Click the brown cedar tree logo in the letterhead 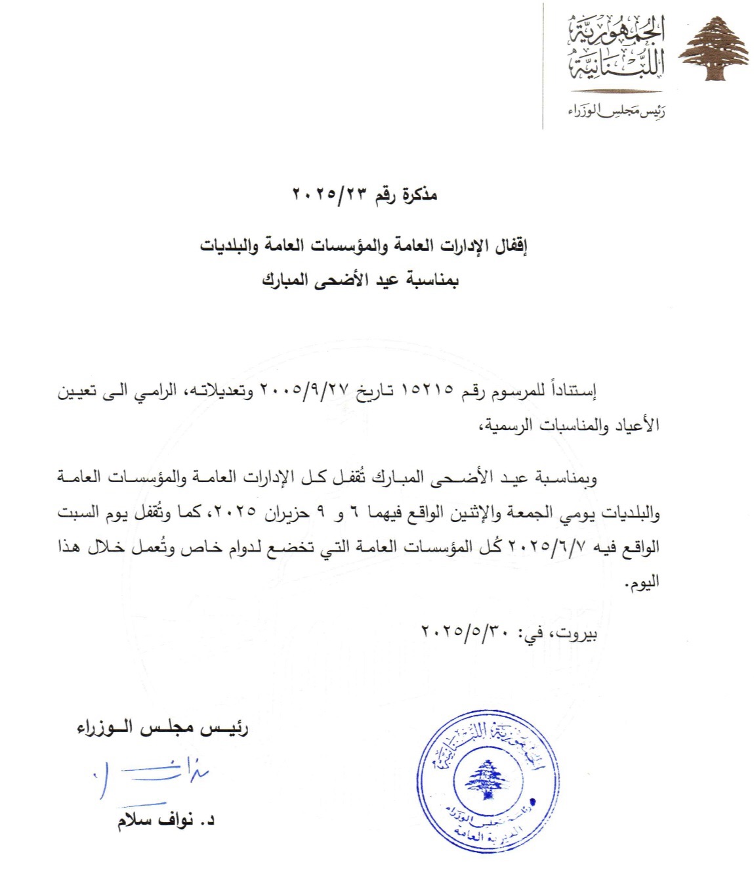(713, 51)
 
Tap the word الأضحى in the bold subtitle (341, 280)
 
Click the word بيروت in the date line (578, 634)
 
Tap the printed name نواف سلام (156, 821)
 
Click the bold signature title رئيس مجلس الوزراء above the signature (162, 728)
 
